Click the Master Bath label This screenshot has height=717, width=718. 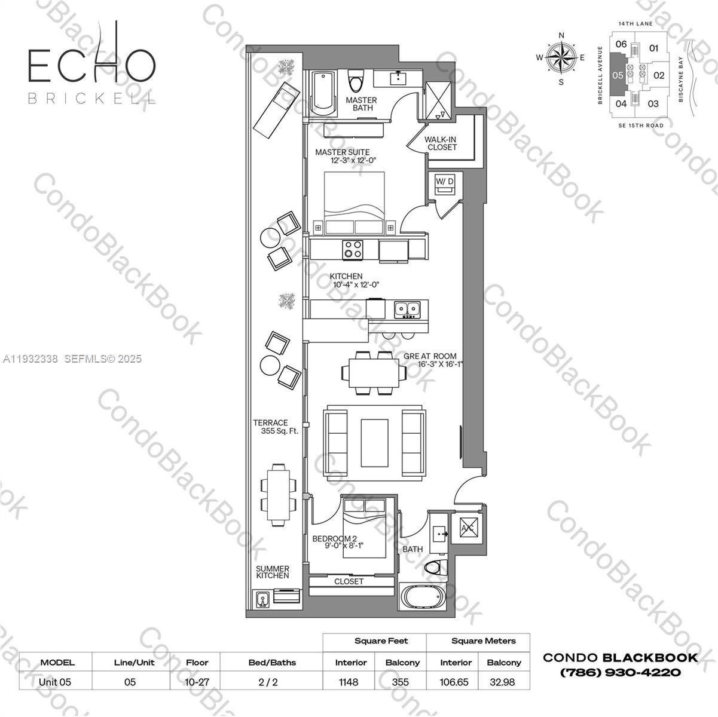[360, 104]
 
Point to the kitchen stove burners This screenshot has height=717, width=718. [353, 249]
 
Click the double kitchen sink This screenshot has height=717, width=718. [407, 309]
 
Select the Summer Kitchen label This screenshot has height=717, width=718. [273, 572]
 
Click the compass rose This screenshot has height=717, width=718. [561, 58]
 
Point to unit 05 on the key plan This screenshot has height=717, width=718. [618, 76]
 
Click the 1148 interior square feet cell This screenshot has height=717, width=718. [349, 682]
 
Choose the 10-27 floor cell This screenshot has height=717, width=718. [197, 682]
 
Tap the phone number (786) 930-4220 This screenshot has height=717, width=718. [620, 672]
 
